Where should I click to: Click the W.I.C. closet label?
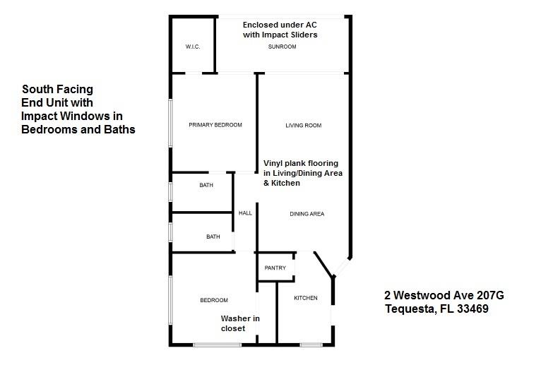[x=193, y=47]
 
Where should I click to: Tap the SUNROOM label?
[x=282, y=47]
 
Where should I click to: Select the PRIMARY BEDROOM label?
[x=215, y=125]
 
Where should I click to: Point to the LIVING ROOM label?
[x=303, y=126]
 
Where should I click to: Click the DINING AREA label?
[x=307, y=213]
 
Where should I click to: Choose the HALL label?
[x=245, y=213]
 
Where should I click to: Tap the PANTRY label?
[x=275, y=268]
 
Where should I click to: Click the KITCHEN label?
[x=306, y=298]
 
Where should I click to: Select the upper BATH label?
[x=206, y=186]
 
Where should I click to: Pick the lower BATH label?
[x=213, y=237]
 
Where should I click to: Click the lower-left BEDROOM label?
[x=213, y=300]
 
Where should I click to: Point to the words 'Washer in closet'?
[x=240, y=323]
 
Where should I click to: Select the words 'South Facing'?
[x=57, y=90]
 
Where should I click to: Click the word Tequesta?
[x=408, y=309]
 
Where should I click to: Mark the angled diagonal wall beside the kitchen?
[x=323, y=265]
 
